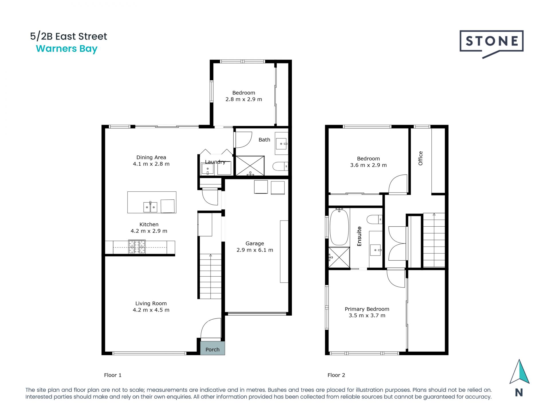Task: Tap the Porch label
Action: (212, 349)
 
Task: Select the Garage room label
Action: (255, 243)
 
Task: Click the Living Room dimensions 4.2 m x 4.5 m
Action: (151, 310)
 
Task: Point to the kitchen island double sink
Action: (150, 207)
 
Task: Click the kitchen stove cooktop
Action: (137, 247)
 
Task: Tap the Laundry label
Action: (215, 162)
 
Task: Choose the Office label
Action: (421, 158)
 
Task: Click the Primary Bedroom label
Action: (367, 309)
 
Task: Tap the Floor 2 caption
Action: (336, 375)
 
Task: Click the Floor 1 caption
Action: (113, 375)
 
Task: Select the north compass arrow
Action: (519, 372)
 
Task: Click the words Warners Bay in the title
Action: (67, 49)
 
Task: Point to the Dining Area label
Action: (151, 157)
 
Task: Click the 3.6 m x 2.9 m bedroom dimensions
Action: (368, 165)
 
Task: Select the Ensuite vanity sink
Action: (376, 250)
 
